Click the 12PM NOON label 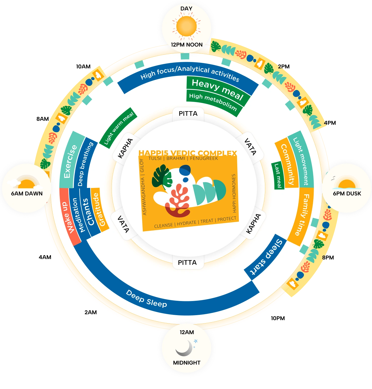pyautogui.click(x=187, y=45)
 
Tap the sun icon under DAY pyautogui.click(x=187, y=26)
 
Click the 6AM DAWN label pyautogui.click(x=27, y=193)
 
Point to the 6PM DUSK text pyautogui.click(x=347, y=193)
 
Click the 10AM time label pyautogui.click(x=83, y=67)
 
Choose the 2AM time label pyautogui.click(x=91, y=312)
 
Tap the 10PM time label pyautogui.click(x=278, y=318)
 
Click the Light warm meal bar pyautogui.click(x=118, y=128)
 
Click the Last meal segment pyautogui.click(x=278, y=176)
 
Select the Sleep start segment pyautogui.click(x=265, y=257)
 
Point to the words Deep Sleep pyautogui.click(x=146, y=299)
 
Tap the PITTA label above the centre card pyautogui.click(x=188, y=114)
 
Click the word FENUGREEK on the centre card pyautogui.click(x=204, y=158)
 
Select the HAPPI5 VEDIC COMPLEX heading pyautogui.click(x=188, y=153)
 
